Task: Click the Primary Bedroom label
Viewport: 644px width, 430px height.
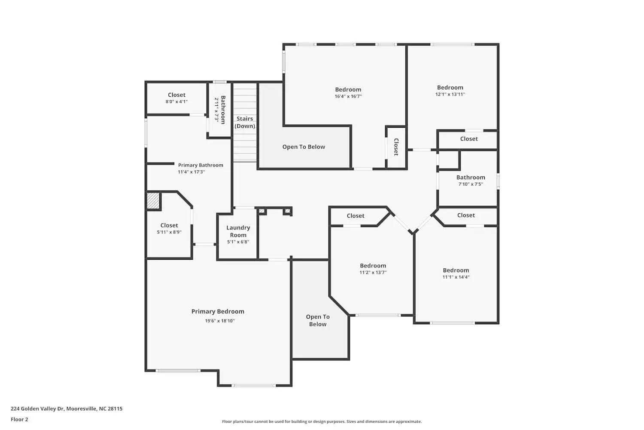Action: click(x=218, y=312)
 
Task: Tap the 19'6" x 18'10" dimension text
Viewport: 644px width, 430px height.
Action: click(x=219, y=321)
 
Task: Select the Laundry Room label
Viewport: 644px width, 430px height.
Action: click(x=238, y=231)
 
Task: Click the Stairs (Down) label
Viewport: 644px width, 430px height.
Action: click(x=245, y=123)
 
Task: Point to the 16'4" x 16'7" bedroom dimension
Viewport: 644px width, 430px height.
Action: click(x=348, y=96)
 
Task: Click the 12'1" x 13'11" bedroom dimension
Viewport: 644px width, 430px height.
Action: click(x=450, y=94)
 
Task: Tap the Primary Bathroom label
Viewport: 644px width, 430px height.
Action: click(x=200, y=165)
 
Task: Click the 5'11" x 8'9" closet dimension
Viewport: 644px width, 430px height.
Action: click(x=169, y=232)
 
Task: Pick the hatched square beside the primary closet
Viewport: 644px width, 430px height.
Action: click(x=153, y=201)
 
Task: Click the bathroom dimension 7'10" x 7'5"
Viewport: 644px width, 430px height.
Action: click(x=471, y=184)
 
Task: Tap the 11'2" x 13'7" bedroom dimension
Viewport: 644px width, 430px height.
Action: click(x=373, y=272)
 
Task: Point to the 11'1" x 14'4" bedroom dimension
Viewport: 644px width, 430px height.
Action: click(x=456, y=277)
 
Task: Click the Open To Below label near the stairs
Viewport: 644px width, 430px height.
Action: click(x=304, y=147)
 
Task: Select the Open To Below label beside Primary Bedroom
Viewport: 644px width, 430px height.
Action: click(x=318, y=320)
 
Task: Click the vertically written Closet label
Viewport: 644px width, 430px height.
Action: click(x=396, y=147)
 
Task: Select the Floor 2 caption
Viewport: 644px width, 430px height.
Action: click(x=19, y=419)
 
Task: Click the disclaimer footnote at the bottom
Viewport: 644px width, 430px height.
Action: click(x=322, y=422)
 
